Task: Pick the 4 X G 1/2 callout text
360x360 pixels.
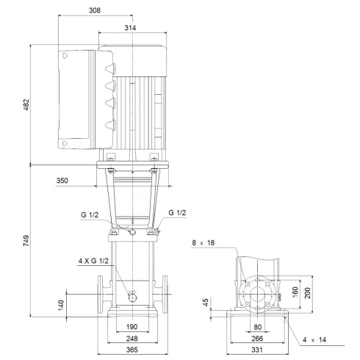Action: coord(94,261)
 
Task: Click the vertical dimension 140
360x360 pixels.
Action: coord(61,303)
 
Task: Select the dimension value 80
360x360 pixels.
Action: coord(258,328)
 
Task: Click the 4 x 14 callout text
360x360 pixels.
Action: coord(314,339)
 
